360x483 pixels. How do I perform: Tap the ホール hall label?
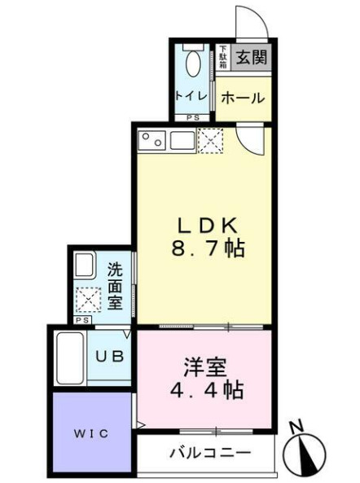pyautogui.click(x=243, y=99)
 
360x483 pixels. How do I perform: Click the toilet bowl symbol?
pyautogui.click(x=194, y=62)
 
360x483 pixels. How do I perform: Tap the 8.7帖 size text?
pyautogui.click(x=207, y=249)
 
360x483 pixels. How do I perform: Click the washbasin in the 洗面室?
pyautogui.click(x=85, y=266)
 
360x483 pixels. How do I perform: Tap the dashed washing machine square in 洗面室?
pyautogui.click(x=86, y=301)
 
